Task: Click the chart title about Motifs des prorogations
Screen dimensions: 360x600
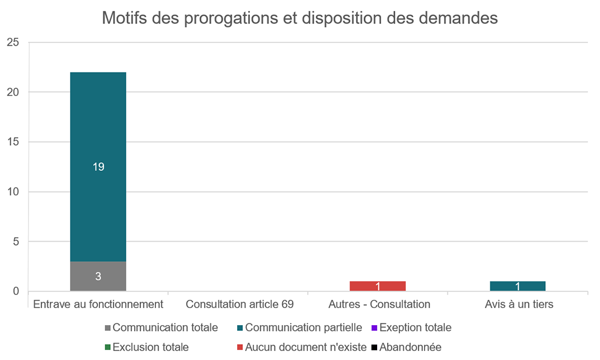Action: click(x=299, y=18)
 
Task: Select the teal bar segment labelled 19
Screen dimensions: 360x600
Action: click(x=98, y=167)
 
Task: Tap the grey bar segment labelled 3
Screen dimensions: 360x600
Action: click(x=98, y=277)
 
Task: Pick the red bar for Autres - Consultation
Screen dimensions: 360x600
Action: click(x=378, y=286)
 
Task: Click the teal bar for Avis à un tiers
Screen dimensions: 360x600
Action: click(x=518, y=286)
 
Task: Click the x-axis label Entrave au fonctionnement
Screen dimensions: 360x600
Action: click(x=98, y=304)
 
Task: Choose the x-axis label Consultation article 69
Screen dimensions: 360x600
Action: click(x=239, y=304)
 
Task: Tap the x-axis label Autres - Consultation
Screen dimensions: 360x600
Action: click(x=379, y=304)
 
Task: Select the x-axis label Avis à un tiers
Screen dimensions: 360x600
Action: click(x=519, y=304)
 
